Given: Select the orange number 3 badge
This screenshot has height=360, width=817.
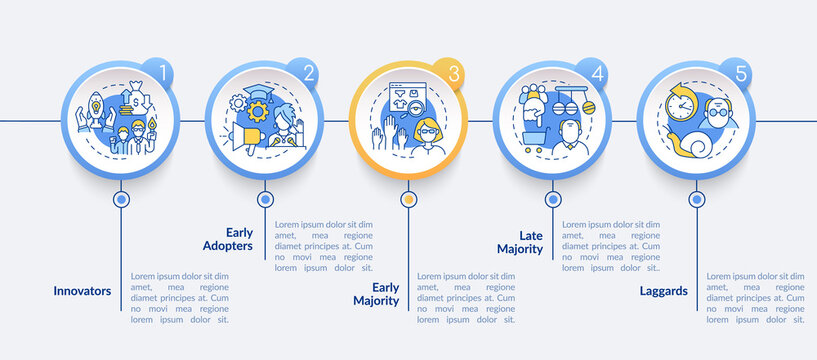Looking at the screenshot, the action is pos(454,73).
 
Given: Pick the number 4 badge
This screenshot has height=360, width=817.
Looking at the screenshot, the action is pos(597,73).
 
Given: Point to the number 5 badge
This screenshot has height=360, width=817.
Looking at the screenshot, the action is pos(741,73).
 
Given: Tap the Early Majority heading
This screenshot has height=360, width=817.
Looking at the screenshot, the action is pos(377,294).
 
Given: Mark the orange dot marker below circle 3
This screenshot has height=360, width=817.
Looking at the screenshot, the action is pos(408,199).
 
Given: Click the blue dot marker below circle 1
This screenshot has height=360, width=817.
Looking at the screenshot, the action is pos(121,199).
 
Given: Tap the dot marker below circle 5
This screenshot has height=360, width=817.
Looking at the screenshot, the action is pos(695,199).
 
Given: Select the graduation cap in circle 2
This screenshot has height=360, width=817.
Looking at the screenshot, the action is pos(261,99).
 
